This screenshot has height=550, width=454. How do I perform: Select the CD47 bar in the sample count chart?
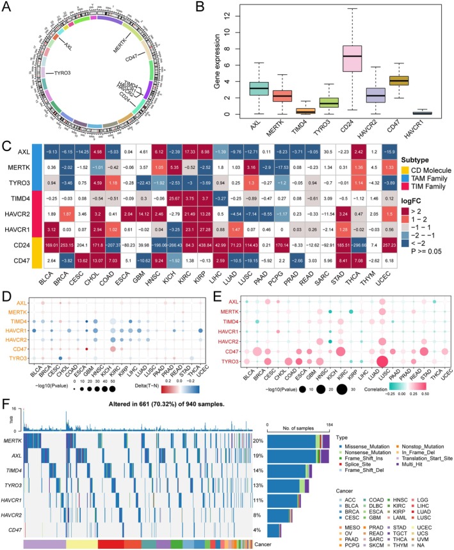(x=273, y=530)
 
